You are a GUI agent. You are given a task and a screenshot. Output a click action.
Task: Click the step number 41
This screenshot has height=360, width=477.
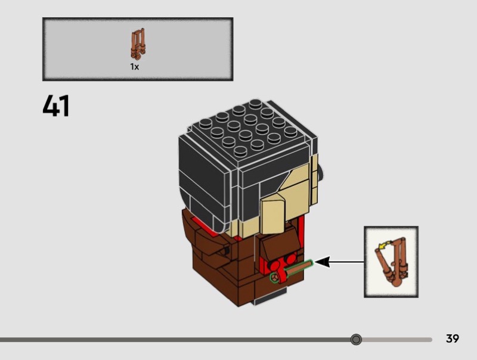coord(56,105)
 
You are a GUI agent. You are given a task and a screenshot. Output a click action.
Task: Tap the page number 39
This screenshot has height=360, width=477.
coord(453,339)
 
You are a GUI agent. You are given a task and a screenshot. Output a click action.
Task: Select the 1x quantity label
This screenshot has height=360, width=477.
coord(135,67)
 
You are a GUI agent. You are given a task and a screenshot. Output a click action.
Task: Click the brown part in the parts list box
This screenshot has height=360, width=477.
coord(138,44)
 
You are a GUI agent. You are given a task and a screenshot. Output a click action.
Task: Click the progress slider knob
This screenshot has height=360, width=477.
coord(356,339)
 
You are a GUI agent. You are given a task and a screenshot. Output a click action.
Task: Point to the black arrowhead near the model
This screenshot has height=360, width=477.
coord(323,262)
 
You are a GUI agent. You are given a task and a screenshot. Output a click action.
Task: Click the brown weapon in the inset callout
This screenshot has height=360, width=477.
coord(391,262)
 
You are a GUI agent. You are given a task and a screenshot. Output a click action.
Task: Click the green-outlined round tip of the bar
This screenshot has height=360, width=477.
coord(275,278)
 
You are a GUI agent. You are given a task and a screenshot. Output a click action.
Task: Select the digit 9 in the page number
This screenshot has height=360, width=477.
coord(456,339)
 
